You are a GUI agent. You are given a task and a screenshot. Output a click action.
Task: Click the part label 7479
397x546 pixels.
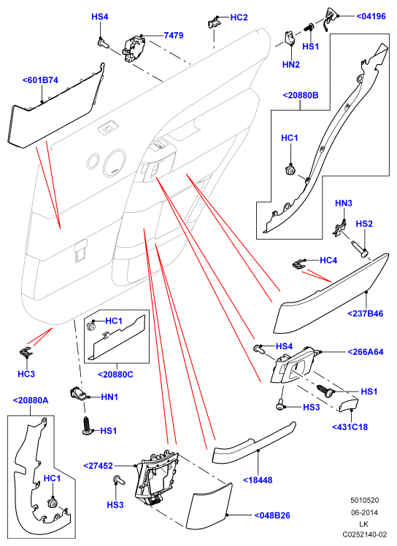click(x=174, y=35)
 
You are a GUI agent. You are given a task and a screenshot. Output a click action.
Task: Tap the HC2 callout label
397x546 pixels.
click(x=239, y=17)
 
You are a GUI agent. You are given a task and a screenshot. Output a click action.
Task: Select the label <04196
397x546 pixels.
click(x=371, y=16)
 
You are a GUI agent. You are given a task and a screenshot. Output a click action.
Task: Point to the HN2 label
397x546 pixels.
click(x=291, y=64)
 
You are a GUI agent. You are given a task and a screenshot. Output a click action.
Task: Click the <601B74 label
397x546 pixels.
click(x=40, y=80)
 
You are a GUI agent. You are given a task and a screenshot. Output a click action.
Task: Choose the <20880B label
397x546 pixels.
click(x=301, y=95)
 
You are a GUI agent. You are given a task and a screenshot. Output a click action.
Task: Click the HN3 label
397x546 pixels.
click(x=344, y=203)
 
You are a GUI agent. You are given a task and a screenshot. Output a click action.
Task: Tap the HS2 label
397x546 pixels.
click(x=364, y=224)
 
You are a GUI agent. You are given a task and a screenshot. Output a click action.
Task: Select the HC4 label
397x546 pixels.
click(x=328, y=260)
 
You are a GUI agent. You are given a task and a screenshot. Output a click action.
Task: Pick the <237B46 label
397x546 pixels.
click(x=366, y=313)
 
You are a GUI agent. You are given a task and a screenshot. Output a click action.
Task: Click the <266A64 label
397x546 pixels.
click(x=366, y=352)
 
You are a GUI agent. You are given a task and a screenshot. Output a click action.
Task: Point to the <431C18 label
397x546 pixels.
click(x=350, y=427)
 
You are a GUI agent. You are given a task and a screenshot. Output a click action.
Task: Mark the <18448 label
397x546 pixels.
click(x=258, y=480)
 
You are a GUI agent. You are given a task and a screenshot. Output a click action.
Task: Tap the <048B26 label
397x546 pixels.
click(x=272, y=515)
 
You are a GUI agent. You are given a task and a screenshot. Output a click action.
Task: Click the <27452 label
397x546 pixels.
click(x=99, y=466)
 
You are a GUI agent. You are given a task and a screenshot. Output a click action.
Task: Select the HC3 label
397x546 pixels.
click(x=26, y=374)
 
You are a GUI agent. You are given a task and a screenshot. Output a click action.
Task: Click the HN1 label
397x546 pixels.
click(x=109, y=397)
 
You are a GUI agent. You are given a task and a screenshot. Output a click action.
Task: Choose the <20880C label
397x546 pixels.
click(x=115, y=375)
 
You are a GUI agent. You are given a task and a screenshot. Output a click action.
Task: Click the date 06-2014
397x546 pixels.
click(x=364, y=512)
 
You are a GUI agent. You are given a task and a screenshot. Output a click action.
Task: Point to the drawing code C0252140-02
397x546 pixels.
click(x=364, y=534)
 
